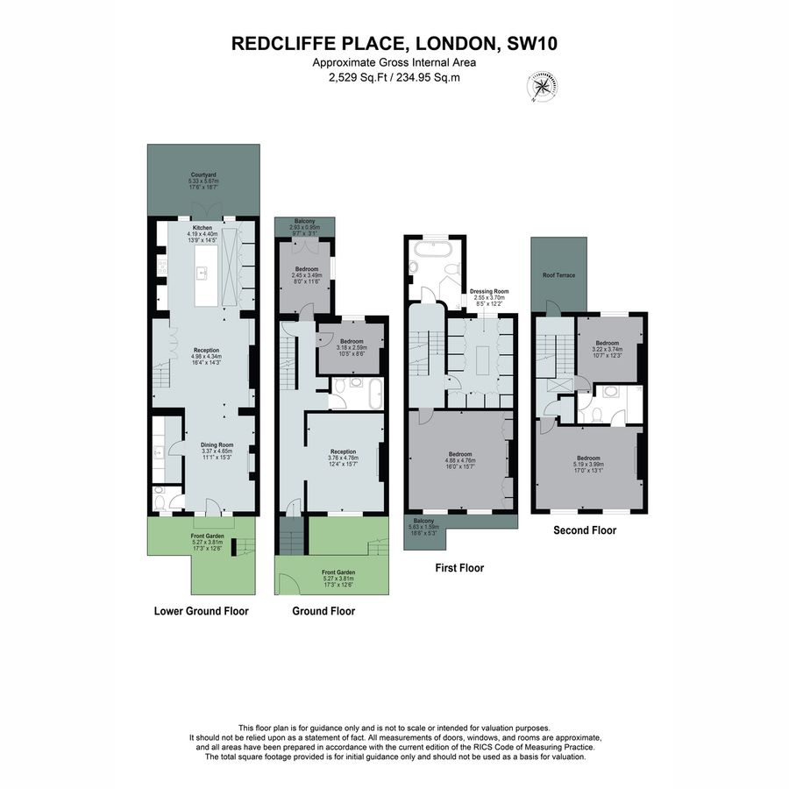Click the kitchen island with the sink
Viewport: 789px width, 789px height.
[203, 274]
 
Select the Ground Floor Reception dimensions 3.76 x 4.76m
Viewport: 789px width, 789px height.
[344, 458]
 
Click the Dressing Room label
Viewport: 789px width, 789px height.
[489, 289]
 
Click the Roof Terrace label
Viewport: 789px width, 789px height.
[558, 275]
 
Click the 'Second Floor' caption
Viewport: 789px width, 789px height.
[585, 530]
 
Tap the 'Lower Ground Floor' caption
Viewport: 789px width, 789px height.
[201, 611]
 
